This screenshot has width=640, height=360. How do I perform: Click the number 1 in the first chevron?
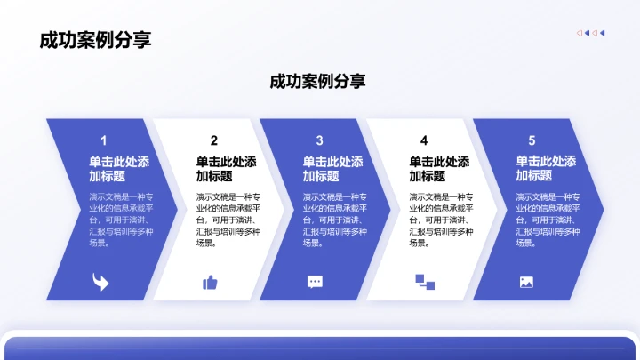tap(104, 140)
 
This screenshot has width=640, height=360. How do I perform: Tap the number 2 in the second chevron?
tap(213, 140)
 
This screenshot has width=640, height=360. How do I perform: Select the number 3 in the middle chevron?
tap(319, 140)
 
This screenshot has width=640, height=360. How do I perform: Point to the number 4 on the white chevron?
tap(424, 140)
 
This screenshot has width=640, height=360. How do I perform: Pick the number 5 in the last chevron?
tap(532, 140)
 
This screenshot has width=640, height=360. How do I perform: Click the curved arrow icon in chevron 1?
tap(100, 282)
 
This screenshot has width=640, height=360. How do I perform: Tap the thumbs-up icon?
tap(210, 282)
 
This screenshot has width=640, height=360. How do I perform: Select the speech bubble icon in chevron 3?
tap(315, 282)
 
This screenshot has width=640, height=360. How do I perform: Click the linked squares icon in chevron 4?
tap(424, 282)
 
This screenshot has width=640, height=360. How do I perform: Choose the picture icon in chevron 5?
tap(526, 282)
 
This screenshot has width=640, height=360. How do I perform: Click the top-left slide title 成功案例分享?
tap(95, 40)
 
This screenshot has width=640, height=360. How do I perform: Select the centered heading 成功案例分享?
tap(317, 81)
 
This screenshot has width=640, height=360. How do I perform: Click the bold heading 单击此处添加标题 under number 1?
tap(119, 169)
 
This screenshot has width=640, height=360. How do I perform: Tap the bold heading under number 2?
tap(226, 169)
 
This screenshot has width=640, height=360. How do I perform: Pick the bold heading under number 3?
tap(332, 169)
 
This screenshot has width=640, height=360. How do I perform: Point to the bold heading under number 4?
tap(439, 169)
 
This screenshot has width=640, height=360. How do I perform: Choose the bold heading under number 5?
tap(546, 169)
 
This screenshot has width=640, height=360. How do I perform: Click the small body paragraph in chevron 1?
tap(122, 219)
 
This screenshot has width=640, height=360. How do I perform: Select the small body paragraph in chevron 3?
tap(335, 219)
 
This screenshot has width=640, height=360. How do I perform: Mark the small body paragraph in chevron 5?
tap(548, 219)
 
